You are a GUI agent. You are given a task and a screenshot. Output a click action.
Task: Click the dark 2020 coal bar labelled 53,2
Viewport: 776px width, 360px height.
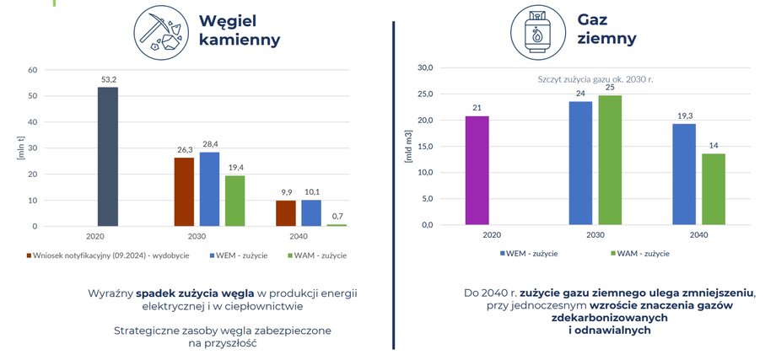(x=108, y=157)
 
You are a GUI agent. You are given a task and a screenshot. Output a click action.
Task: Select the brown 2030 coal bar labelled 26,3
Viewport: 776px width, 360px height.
(x=184, y=192)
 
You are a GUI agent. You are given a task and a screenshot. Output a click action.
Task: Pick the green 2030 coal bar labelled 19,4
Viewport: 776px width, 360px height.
(x=235, y=201)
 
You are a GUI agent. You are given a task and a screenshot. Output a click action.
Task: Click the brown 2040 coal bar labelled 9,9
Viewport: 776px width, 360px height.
(x=286, y=213)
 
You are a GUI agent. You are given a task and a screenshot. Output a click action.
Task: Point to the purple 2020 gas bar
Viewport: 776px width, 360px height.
(x=477, y=171)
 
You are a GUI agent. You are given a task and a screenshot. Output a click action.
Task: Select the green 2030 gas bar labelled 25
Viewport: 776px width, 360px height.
(x=610, y=160)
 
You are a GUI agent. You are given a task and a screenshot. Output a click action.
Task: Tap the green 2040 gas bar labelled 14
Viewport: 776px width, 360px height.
(x=714, y=190)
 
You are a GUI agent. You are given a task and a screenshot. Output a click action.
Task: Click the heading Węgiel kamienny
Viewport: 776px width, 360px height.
(x=239, y=30)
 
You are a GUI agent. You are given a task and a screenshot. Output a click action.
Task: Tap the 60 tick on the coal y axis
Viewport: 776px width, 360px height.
(x=33, y=70)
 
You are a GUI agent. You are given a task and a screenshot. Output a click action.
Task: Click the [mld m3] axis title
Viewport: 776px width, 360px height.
(x=409, y=146)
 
